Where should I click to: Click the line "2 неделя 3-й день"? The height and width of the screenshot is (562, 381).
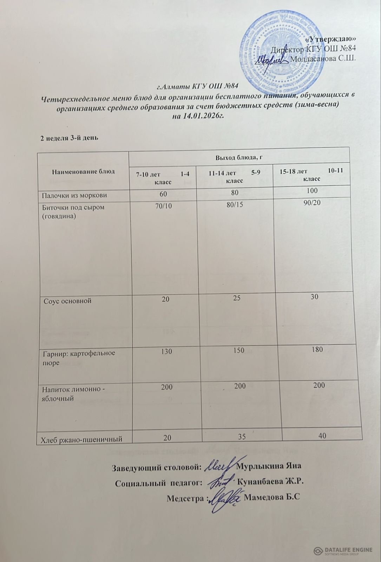68,138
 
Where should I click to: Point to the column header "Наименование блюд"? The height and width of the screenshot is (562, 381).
83,172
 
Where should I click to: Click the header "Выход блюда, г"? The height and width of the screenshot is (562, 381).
239,157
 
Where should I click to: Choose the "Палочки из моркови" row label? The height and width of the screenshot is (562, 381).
74,195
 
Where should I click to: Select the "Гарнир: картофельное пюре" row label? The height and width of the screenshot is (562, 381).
79,357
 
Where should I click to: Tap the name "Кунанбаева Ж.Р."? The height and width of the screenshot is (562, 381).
270,482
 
